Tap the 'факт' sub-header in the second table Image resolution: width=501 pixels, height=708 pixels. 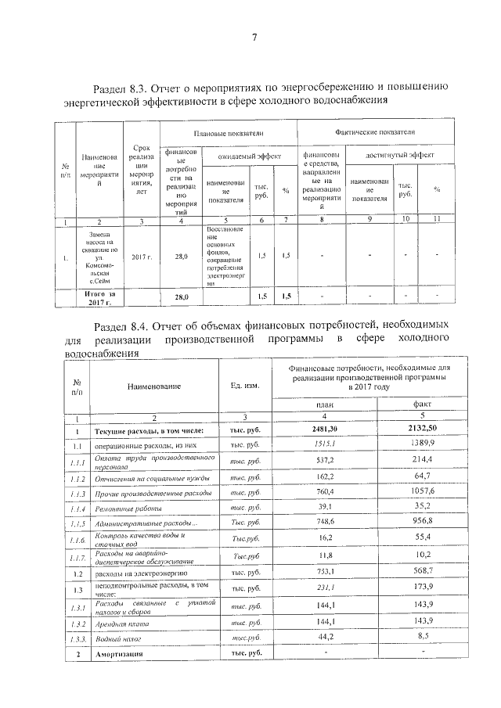(x=423, y=404)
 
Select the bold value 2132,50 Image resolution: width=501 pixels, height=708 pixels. (x=423, y=429)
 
